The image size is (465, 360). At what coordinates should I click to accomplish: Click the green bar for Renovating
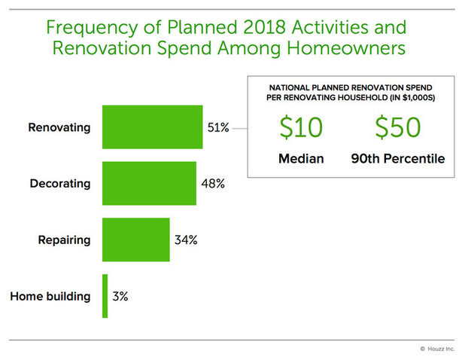tap(152, 127)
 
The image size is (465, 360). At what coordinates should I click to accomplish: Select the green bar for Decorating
tap(149, 183)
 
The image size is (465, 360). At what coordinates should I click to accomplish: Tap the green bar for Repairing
tap(135, 239)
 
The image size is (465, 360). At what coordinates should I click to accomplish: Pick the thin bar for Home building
tap(105, 296)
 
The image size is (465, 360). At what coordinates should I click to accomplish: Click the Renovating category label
tap(59, 127)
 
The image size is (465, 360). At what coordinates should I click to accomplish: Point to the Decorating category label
tap(59, 184)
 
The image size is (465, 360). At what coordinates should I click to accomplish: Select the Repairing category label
tap(64, 240)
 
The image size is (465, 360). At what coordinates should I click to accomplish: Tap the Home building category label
tap(50, 296)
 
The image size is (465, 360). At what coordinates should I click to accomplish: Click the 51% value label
tap(218, 127)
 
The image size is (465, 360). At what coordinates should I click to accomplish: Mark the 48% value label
tap(212, 184)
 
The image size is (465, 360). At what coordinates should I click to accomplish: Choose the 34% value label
tap(185, 240)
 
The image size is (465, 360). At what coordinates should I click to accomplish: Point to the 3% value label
tap(120, 296)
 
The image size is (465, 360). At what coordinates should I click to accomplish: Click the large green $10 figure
tap(301, 128)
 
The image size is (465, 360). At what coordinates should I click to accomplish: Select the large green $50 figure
tap(398, 128)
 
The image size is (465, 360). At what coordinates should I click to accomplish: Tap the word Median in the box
tap(301, 159)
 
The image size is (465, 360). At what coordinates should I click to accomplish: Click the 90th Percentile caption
tap(398, 159)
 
